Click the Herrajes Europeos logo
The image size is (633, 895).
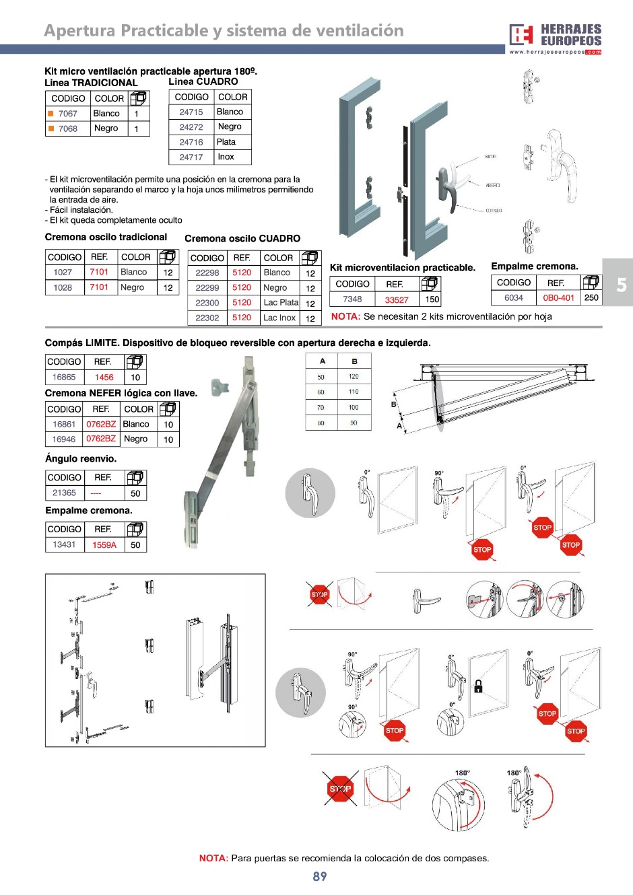[x=555, y=38]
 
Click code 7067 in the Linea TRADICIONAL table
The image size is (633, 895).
[x=67, y=114]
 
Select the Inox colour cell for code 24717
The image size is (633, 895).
[x=226, y=157]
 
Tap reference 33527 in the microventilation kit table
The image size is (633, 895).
[x=397, y=299]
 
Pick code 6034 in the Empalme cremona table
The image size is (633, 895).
[x=513, y=297]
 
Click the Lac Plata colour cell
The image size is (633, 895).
[x=281, y=302]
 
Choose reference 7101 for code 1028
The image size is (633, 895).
[x=99, y=287]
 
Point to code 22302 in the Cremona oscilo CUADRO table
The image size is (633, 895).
[x=207, y=318]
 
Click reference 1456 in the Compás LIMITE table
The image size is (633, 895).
[x=104, y=378]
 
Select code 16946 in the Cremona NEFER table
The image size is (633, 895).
[x=64, y=439]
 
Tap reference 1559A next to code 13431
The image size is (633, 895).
[x=104, y=545]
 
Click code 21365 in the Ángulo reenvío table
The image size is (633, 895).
[x=64, y=493]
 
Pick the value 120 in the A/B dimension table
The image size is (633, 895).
[x=354, y=377]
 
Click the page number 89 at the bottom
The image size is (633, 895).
[x=320, y=876]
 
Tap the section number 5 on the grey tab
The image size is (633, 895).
[x=621, y=285]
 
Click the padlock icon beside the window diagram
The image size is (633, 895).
[x=478, y=686]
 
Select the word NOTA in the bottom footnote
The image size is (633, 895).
[x=213, y=858]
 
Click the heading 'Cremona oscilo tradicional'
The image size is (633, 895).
[x=106, y=237]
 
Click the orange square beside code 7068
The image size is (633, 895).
[x=51, y=129]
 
